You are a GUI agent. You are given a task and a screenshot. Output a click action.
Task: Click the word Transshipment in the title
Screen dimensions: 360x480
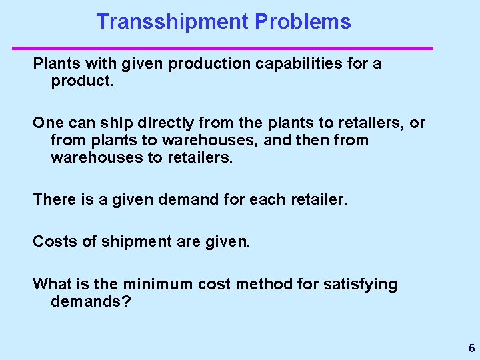pyautogui.click(x=172, y=21)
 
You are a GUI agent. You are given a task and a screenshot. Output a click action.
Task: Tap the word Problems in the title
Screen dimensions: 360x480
pyautogui.click(x=303, y=21)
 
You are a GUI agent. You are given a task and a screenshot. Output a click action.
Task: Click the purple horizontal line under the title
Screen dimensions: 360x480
pyautogui.click(x=223, y=48)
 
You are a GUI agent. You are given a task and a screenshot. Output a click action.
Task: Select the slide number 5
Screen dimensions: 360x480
pyautogui.click(x=471, y=348)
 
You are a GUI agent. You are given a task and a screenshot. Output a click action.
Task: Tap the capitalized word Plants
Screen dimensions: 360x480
pyautogui.click(x=55, y=65)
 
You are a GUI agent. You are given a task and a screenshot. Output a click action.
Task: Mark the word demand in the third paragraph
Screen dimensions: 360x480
pyautogui.click(x=193, y=199)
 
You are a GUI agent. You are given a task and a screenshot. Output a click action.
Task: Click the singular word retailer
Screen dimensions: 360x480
pyautogui.click(x=317, y=199)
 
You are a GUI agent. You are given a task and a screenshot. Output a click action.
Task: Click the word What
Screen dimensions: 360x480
pyautogui.click(x=51, y=285)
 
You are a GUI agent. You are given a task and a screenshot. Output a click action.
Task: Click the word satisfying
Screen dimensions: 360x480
pyautogui.click(x=360, y=285)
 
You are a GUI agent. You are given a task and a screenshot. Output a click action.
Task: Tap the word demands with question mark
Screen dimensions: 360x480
pyautogui.click(x=91, y=301)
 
